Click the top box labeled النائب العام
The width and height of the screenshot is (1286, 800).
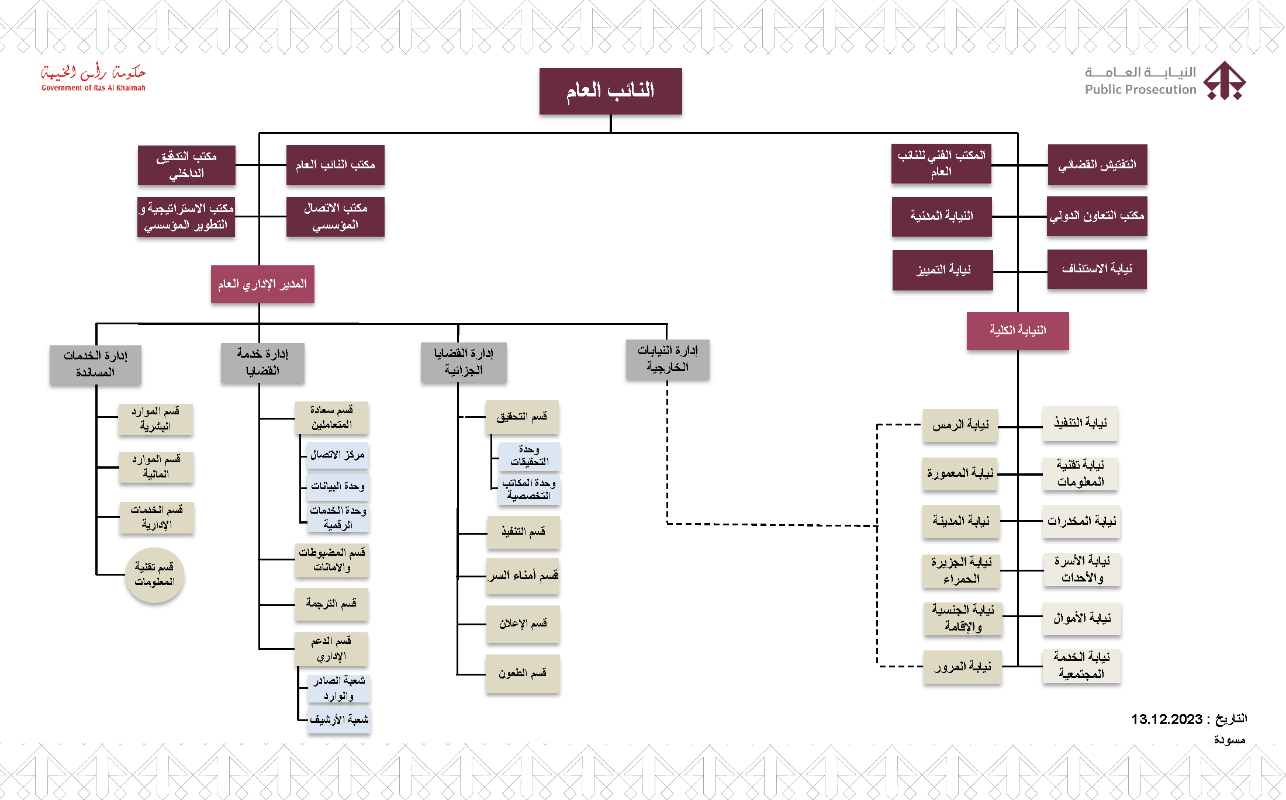click(x=610, y=91)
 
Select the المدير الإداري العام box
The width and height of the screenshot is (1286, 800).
click(x=262, y=284)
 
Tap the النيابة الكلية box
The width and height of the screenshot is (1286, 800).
click(x=1018, y=331)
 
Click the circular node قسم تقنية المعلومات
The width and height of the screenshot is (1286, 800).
click(x=155, y=575)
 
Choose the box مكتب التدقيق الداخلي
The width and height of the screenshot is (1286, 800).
click(x=186, y=165)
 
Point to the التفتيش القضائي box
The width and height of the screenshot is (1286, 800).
click(x=1097, y=165)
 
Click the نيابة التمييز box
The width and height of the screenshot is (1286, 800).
click(x=942, y=270)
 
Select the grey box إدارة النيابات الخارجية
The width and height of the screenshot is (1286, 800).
click(x=668, y=359)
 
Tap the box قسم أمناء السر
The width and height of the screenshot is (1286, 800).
click(x=523, y=576)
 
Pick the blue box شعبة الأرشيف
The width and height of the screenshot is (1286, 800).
click(x=339, y=719)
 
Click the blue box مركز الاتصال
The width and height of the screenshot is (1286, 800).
click(x=337, y=455)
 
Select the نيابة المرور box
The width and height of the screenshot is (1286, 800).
click(x=962, y=667)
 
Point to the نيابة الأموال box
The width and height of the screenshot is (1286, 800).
click(x=1082, y=618)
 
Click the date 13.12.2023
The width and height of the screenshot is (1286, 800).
click(x=1167, y=719)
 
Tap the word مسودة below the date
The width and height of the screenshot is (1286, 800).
click(x=1229, y=740)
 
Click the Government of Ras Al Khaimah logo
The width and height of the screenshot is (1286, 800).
click(x=94, y=78)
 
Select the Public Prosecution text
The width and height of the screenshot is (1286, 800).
click(x=1140, y=89)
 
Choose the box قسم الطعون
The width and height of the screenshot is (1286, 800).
click(x=523, y=674)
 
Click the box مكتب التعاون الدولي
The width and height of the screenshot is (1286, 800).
click(x=1097, y=216)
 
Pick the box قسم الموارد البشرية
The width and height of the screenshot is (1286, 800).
click(x=155, y=419)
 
